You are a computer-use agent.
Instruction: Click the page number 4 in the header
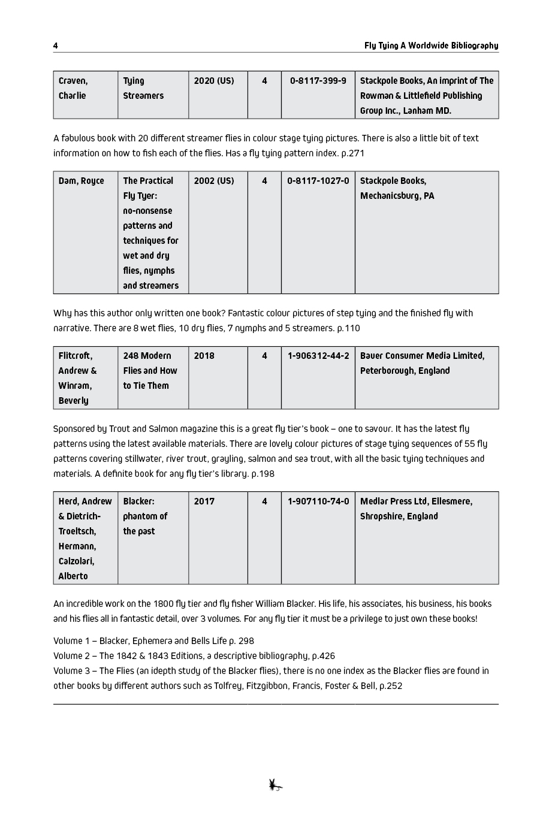click(56, 46)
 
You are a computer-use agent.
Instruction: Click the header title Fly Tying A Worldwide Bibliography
click(431, 46)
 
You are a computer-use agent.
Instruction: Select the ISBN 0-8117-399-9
click(318, 81)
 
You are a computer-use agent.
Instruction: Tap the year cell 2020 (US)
click(214, 81)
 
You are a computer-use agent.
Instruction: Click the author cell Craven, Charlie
click(73, 88)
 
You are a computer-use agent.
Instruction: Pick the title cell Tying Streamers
click(143, 88)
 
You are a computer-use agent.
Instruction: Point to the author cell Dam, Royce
click(81, 181)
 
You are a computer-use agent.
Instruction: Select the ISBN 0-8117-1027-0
click(318, 181)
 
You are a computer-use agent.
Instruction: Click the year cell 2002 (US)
click(214, 181)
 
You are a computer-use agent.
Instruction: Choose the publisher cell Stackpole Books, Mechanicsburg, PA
click(397, 188)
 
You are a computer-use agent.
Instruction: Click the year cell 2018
click(204, 356)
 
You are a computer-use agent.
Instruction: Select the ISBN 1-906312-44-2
click(318, 356)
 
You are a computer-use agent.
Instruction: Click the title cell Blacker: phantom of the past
click(145, 516)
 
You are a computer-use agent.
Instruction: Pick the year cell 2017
click(204, 501)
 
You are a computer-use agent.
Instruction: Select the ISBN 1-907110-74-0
click(318, 501)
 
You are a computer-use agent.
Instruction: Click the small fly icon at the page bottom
click(275, 785)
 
